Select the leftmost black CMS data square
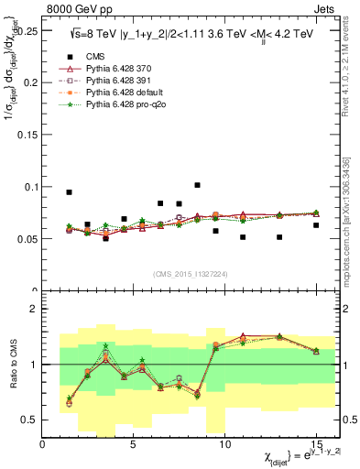click(70, 192)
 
